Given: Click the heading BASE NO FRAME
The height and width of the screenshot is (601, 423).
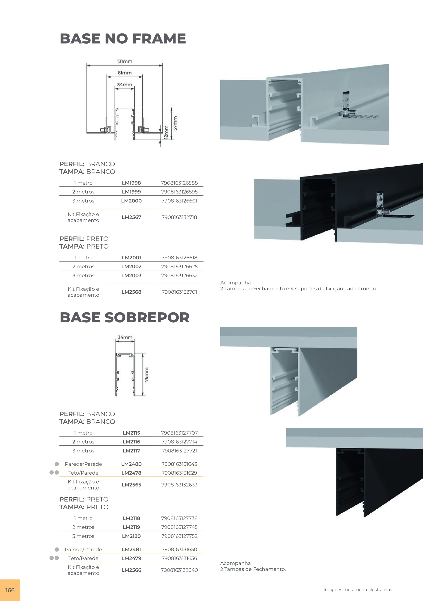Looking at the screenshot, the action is point(123,38).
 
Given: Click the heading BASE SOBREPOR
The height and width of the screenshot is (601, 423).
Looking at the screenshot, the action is point(125,317).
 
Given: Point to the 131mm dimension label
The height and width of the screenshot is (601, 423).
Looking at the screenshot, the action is point(124,61).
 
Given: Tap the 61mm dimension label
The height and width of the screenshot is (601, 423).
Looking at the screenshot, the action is point(124,73).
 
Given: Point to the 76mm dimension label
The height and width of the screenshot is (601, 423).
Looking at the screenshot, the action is point(146,375).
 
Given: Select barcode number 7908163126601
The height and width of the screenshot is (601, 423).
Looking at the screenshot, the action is point(179,201).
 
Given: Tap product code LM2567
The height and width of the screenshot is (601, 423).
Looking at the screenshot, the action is point(131,217).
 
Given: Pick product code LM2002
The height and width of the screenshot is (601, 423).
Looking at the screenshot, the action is point(131,267).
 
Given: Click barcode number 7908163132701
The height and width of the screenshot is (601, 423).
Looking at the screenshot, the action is point(179,292).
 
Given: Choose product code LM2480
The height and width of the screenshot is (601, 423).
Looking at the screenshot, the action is point(131,464).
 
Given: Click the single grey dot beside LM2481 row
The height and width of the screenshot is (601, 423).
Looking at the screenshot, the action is point(56,549).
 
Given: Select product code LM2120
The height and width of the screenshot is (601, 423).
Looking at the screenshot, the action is point(131,536).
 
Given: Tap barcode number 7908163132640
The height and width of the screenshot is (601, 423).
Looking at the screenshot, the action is point(179,570).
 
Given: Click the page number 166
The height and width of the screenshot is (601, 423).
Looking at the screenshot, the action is point(10,590).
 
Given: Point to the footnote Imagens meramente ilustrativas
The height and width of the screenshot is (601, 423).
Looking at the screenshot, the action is point(358,590).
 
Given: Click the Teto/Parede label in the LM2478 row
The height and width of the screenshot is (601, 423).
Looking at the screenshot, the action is point(83,473).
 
